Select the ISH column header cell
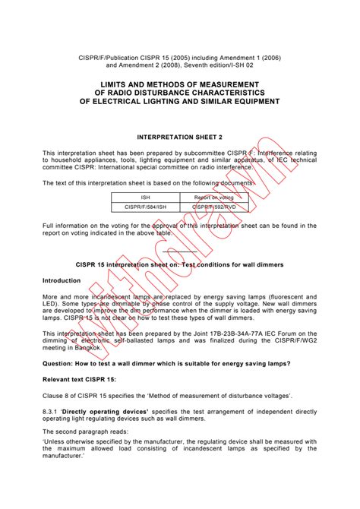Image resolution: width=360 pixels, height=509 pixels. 146,195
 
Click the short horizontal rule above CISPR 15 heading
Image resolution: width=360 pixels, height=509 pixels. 179,251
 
